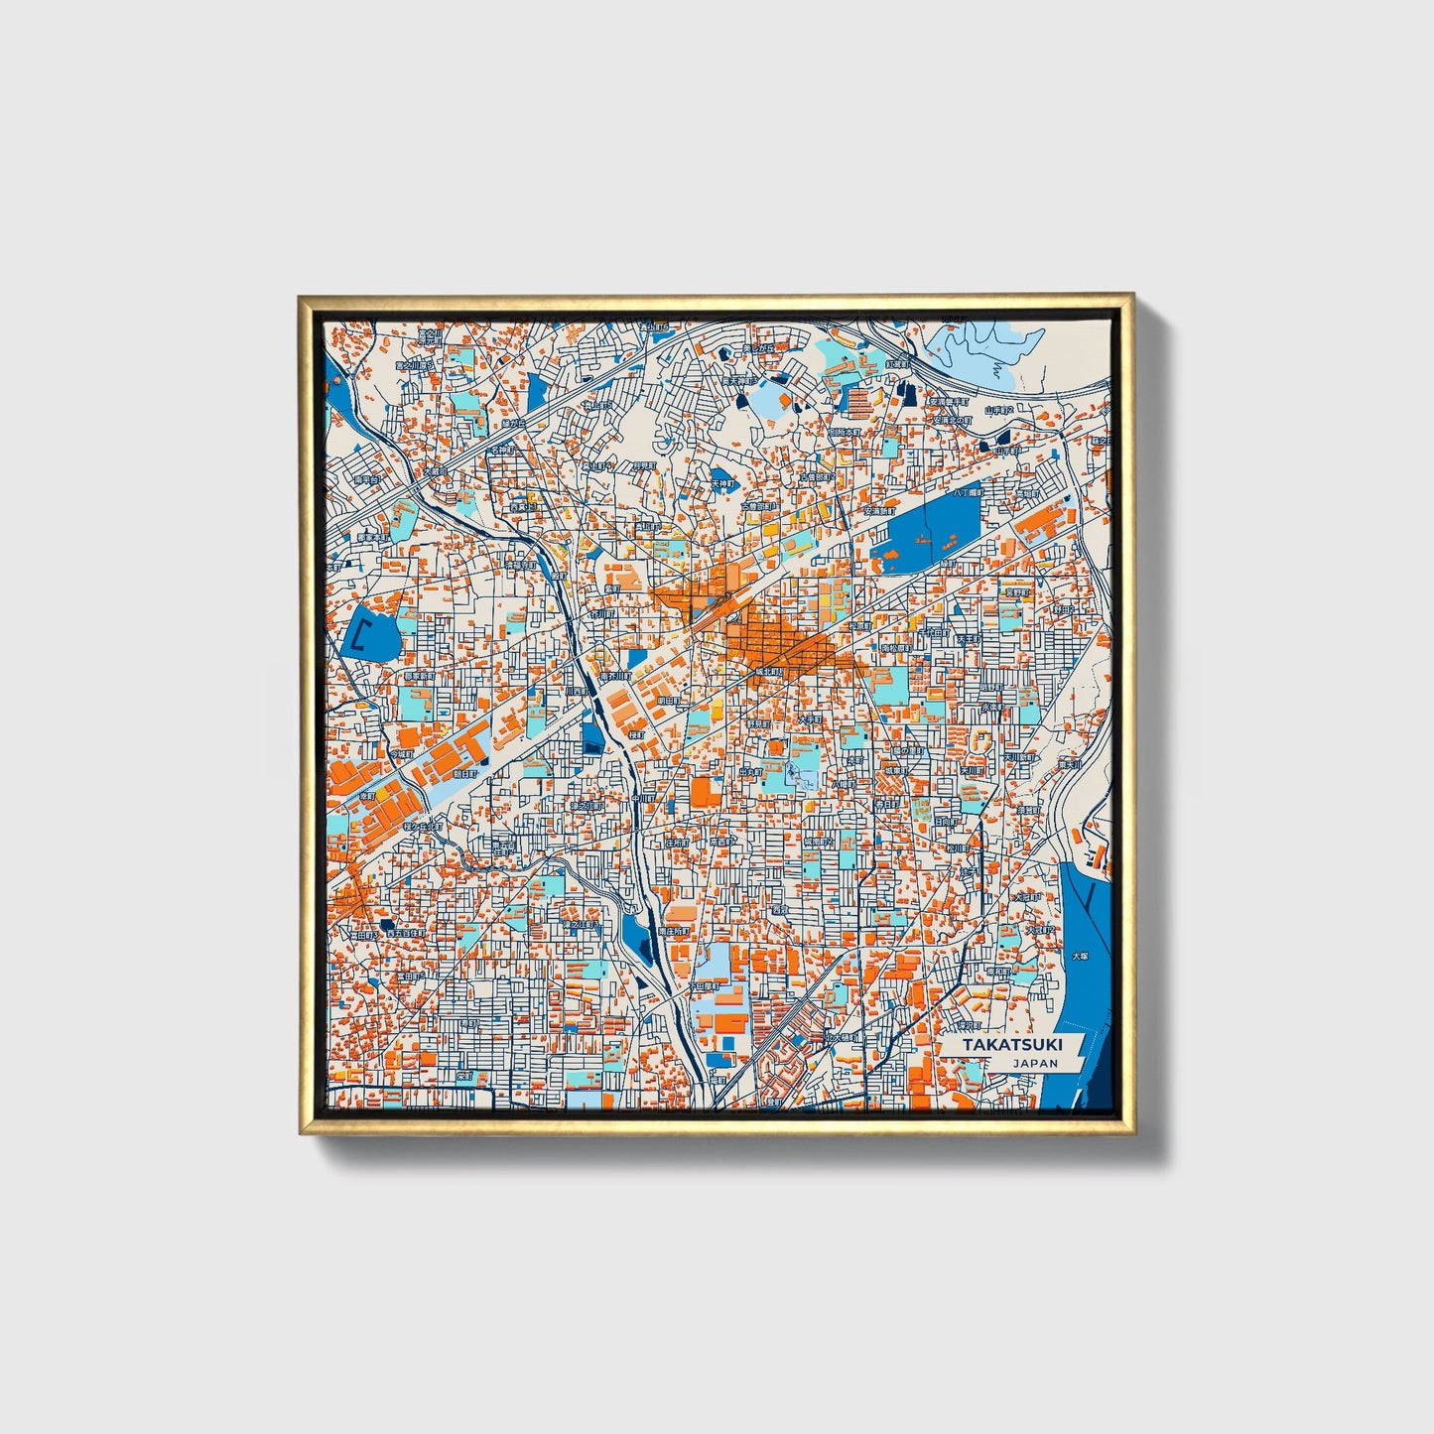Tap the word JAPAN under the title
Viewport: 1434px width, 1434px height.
(1035, 1063)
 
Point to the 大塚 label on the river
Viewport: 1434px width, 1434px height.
(1079, 960)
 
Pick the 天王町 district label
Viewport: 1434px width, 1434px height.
(968, 639)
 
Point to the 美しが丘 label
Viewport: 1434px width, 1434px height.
(759, 349)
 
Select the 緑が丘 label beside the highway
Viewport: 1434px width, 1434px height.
(513, 422)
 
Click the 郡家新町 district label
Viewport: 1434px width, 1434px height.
(419, 676)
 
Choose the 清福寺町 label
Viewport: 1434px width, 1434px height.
(1027, 810)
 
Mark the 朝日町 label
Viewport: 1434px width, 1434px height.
(464, 772)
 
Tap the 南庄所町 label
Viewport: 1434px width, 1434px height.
(672, 932)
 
